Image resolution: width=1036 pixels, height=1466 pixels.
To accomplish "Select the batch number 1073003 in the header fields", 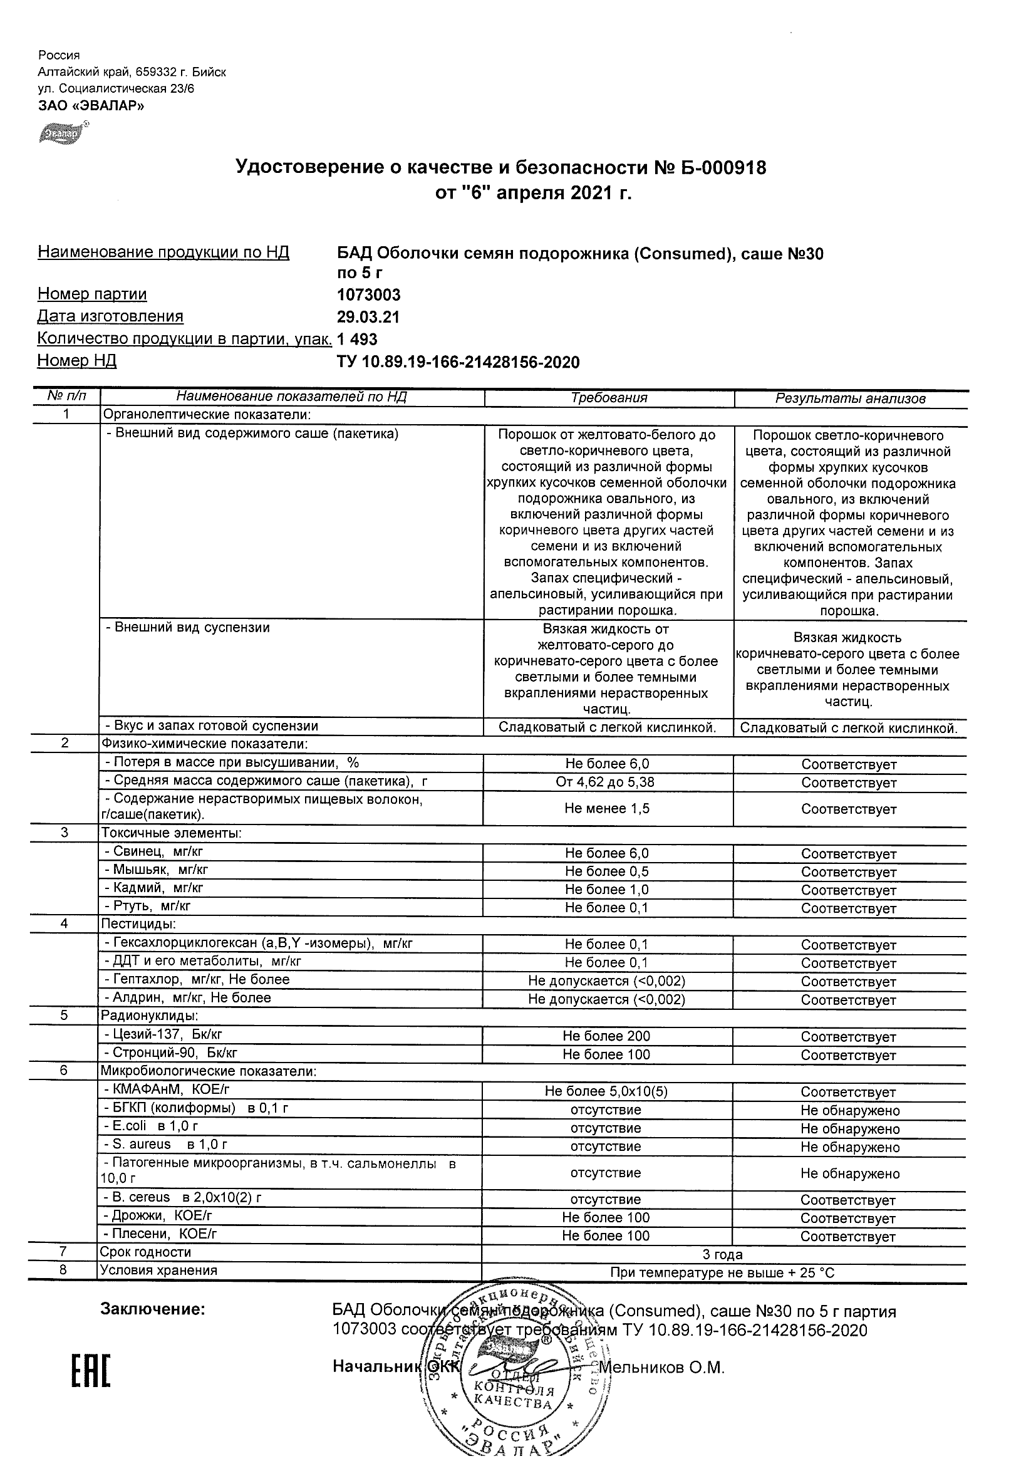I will click(368, 295).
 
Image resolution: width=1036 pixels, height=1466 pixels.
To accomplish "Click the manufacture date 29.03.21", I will click(368, 318).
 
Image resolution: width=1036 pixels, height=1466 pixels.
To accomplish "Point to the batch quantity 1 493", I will click(357, 340).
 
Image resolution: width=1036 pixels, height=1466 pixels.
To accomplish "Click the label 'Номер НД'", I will click(76, 361).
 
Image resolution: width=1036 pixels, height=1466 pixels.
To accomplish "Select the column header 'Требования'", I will click(608, 398).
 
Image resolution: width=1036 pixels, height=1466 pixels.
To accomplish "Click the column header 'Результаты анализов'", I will click(849, 399).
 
